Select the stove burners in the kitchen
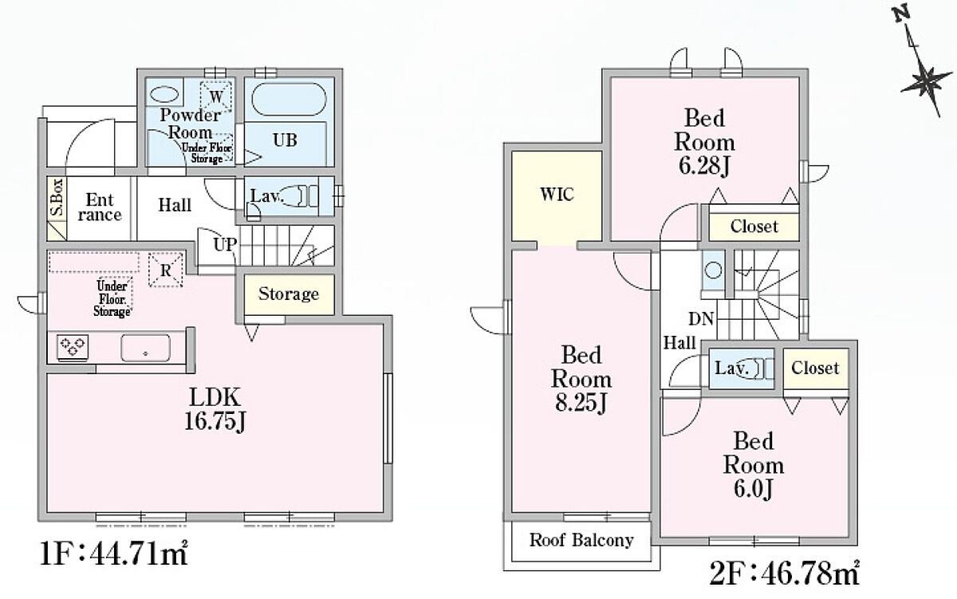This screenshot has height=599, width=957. coord(72,346)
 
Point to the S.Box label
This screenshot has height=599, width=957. coord(56,198)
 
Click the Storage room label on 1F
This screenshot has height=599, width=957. coord(288,294)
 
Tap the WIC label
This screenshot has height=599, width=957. coord(557,195)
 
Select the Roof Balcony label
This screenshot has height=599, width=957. coord(581,540)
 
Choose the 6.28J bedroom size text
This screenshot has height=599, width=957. coord(704,167)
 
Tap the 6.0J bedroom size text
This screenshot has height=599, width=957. coord(753,489)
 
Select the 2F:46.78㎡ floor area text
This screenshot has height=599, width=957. coord(783,572)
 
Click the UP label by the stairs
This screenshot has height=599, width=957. coord(224,244)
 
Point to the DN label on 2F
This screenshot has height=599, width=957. coord(702,319)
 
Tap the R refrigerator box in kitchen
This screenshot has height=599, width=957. coord(166,270)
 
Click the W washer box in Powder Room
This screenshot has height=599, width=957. coord(217,97)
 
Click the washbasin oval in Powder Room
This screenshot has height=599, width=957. coord(164,93)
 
